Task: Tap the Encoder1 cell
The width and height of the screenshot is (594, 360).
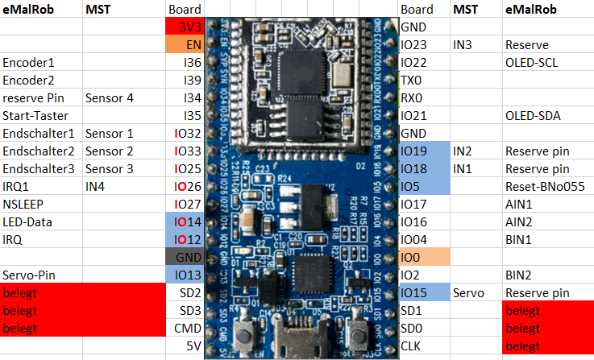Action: [40, 62]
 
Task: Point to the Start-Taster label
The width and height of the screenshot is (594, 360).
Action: [40, 115]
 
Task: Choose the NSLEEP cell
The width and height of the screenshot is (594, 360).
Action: [40, 204]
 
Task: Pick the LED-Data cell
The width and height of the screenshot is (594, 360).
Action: [40, 221]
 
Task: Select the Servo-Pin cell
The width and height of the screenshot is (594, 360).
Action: [40, 275]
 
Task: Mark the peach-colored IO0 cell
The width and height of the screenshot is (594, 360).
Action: [424, 257]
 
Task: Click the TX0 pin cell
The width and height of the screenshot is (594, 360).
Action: [424, 80]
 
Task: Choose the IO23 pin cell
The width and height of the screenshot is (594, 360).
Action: [424, 44]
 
